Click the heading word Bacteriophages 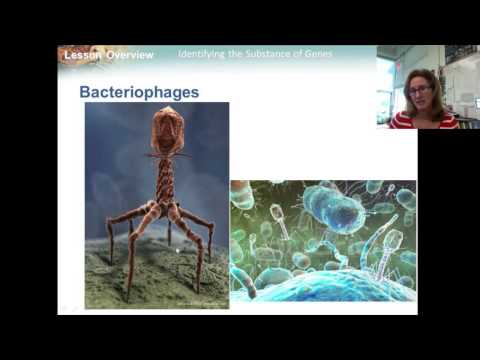138,92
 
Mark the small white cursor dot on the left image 178,251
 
